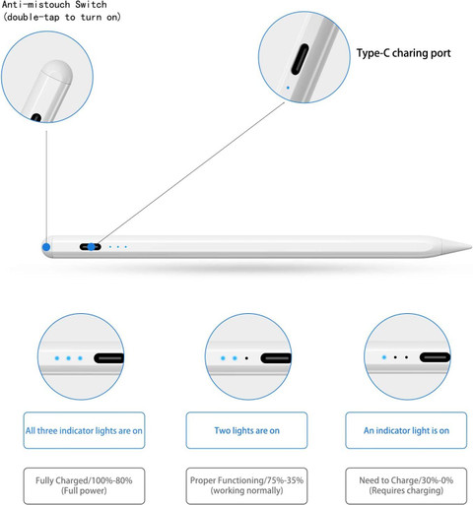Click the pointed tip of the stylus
click(471, 246)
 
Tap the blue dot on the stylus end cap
click(46, 247)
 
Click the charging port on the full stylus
click(91, 247)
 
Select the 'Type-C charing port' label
click(403, 53)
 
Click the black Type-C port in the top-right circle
click(300, 59)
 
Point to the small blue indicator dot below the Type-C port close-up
click(288, 88)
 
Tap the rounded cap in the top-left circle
click(57, 71)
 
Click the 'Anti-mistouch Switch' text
click(54, 5)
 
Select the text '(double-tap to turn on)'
click(62, 17)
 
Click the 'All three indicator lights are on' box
click(84, 430)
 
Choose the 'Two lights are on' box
click(246, 430)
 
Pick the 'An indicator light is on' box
click(406, 430)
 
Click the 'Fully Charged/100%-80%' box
click(84, 486)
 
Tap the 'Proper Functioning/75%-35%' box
click(246, 486)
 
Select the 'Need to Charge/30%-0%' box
click(406, 486)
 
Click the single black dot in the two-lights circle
click(246, 358)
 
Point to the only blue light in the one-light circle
click(384, 357)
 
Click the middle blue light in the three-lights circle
click(68, 358)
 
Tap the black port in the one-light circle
click(435, 357)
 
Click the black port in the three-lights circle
click(109, 358)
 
